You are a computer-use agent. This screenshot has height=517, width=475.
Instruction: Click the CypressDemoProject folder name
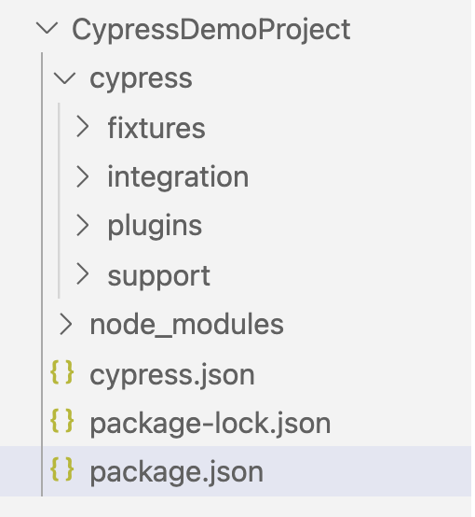(x=211, y=31)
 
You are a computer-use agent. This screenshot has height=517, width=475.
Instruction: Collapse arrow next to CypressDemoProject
(x=47, y=29)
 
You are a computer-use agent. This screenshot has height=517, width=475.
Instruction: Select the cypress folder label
(x=141, y=79)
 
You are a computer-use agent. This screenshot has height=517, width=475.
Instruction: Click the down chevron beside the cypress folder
(x=65, y=78)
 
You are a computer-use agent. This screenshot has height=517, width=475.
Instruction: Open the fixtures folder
(x=156, y=128)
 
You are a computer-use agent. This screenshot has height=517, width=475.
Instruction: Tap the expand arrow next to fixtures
(x=83, y=127)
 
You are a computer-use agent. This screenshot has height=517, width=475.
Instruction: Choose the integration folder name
(x=178, y=177)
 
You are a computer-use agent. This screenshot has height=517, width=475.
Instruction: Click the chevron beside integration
(x=83, y=176)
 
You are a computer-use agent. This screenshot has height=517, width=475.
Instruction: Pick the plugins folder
(x=155, y=228)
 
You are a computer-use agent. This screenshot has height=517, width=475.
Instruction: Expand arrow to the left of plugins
(x=83, y=226)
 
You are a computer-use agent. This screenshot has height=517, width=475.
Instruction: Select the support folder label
(x=159, y=277)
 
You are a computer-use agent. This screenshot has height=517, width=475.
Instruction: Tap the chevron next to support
(x=83, y=274)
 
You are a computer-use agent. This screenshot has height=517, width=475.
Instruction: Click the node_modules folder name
(x=186, y=325)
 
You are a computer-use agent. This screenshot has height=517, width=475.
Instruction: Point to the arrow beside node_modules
(x=66, y=324)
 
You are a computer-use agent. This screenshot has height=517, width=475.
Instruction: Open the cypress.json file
(x=172, y=375)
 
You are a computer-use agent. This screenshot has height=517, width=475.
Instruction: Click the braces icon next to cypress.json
(x=61, y=372)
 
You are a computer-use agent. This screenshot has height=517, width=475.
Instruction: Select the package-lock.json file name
(x=210, y=425)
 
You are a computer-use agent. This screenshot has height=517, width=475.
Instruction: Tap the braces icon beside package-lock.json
(x=61, y=421)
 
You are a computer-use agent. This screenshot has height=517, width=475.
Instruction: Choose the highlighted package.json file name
(x=176, y=473)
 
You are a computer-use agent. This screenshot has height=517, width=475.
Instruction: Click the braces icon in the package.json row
(x=61, y=469)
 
